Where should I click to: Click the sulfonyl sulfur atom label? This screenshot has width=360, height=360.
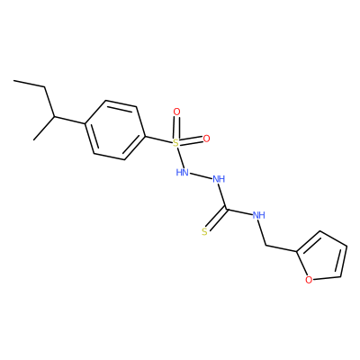(x=176, y=143)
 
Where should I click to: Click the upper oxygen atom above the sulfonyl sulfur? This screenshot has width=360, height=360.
(x=177, y=112)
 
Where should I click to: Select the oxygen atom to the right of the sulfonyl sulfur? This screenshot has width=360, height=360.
(x=206, y=139)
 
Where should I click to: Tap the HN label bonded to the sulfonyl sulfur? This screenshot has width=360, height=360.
(x=182, y=172)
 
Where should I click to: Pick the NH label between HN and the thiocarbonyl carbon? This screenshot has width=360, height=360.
(x=219, y=179)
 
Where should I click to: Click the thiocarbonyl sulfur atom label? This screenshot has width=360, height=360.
(x=204, y=231)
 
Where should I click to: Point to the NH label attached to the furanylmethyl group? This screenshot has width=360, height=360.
(x=258, y=215)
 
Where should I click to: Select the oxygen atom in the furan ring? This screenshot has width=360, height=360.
(x=309, y=280)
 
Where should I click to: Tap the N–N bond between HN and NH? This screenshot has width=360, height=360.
(x=201, y=175)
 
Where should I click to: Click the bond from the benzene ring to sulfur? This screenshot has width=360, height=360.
(x=158, y=139)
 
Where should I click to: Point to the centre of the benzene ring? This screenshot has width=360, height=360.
(x=115, y=130)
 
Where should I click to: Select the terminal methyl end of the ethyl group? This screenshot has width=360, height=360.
(x=13, y=80)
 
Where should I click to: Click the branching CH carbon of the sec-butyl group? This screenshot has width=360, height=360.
(x=54, y=116)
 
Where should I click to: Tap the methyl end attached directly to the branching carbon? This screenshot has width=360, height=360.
(x=34, y=139)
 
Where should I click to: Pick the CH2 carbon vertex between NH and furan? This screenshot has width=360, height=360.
(x=266, y=246)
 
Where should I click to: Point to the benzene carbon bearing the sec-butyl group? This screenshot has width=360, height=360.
(x=85, y=123)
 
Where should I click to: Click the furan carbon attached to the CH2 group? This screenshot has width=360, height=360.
(x=297, y=251)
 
